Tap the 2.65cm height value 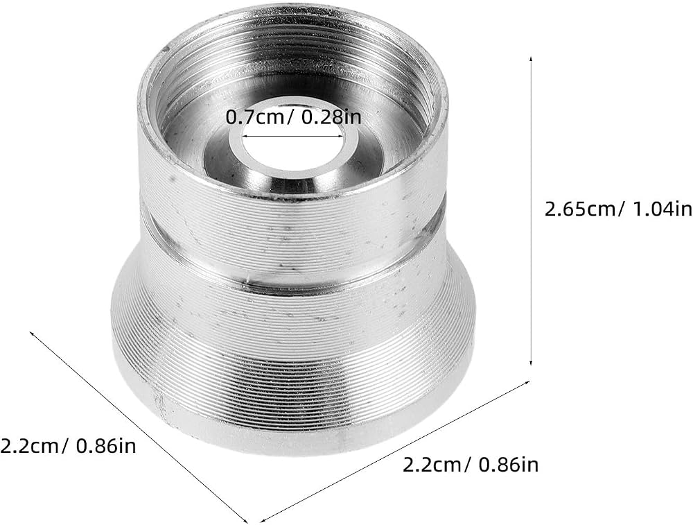point(579,209)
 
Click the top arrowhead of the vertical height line point(531,59)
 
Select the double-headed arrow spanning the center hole point(293,136)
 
